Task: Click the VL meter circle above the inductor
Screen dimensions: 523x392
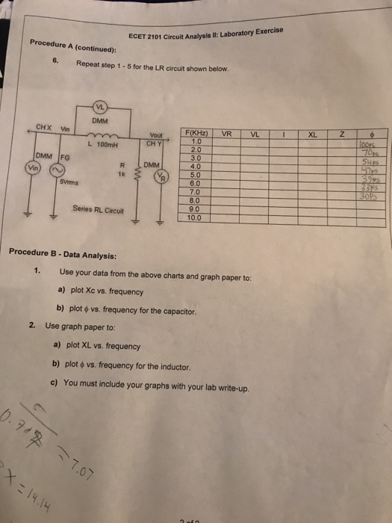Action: (x=99, y=106)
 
